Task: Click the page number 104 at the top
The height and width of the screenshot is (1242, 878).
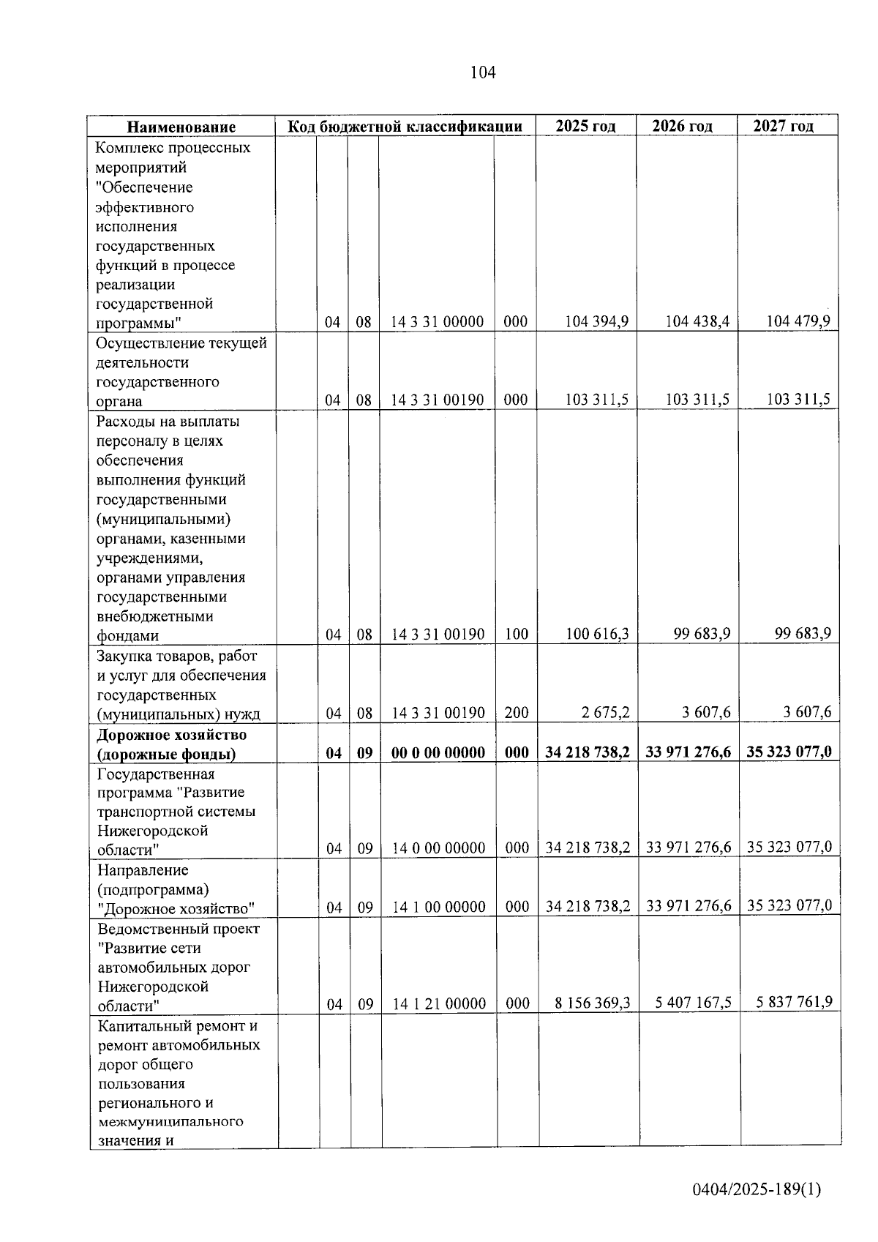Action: [x=483, y=72]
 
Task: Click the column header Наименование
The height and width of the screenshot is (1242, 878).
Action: [x=181, y=127]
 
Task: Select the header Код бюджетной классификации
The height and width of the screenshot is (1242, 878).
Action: [x=405, y=126]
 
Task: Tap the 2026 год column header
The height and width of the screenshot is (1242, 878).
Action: [x=682, y=126]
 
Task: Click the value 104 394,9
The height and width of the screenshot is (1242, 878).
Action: [x=598, y=321]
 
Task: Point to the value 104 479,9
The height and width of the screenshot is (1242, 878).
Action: [x=798, y=321]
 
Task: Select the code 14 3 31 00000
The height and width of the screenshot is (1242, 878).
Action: [x=438, y=322]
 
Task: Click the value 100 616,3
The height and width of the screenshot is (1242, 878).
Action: [x=598, y=634]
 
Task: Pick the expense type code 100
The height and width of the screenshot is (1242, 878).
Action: [x=516, y=635]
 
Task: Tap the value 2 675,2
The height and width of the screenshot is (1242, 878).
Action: [x=606, y=712]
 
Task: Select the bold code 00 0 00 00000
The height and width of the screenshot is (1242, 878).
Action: [x=438, y=752]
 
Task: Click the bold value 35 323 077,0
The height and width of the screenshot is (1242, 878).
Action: [x=789, y=752]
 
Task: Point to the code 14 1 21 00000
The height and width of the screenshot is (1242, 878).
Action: [x=439, y=1004]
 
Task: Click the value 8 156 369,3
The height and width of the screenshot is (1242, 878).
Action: [x=593, y=1003]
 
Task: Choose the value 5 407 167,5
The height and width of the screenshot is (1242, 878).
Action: [x=693, y=1003]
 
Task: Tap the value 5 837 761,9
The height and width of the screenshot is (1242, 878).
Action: [x=794, y=1002]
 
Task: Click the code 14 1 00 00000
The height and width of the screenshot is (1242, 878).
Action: [x=439, y=908]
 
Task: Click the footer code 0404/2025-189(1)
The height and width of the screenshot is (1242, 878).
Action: [x=757, y=1189]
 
